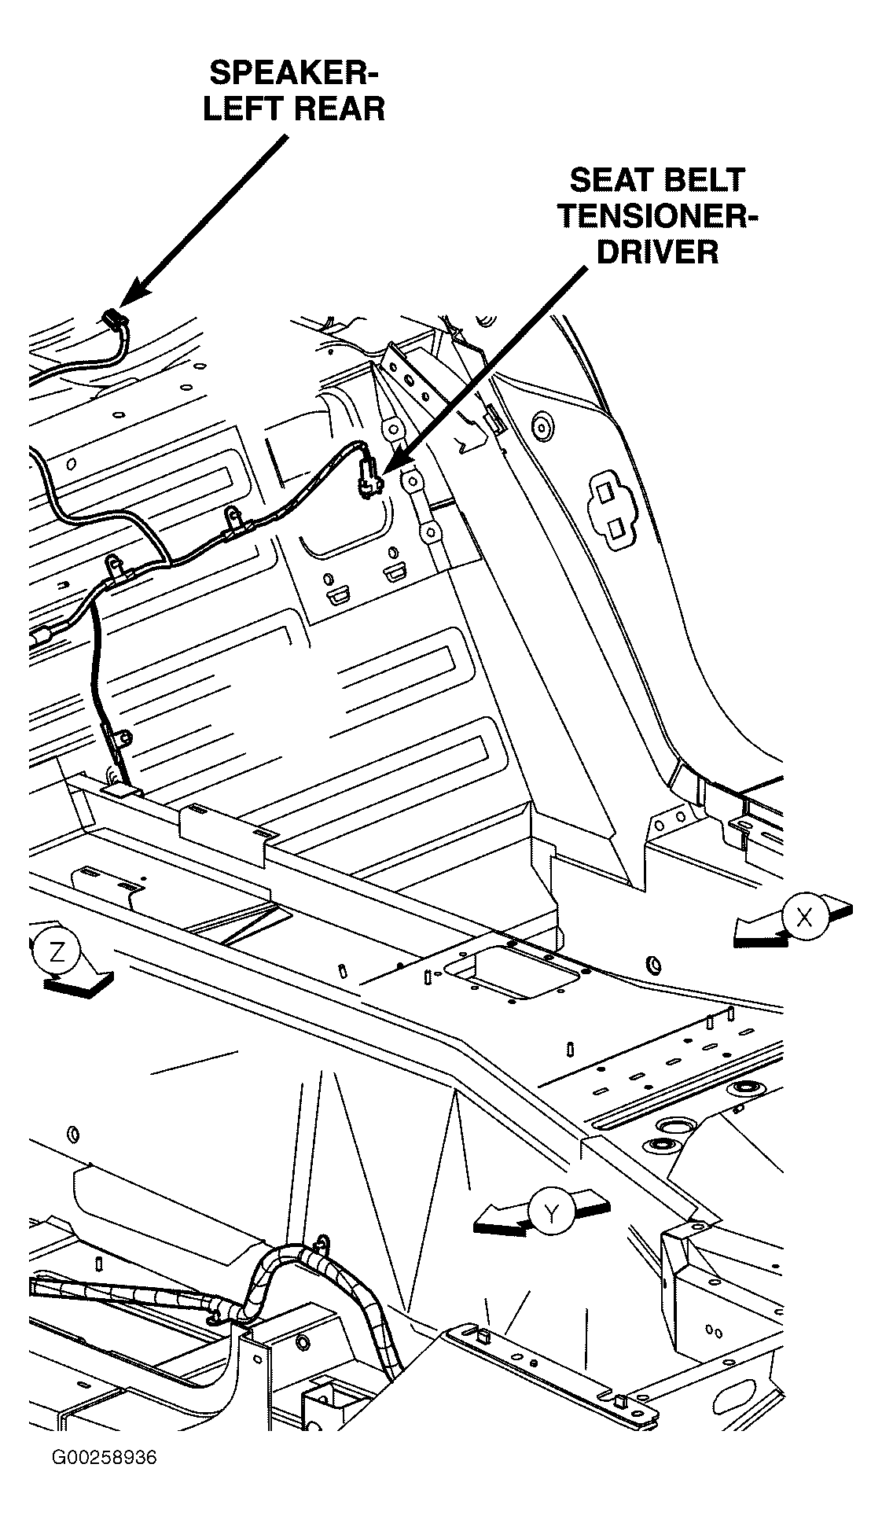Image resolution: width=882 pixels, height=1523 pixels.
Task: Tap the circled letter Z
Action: click(x=57, y=951)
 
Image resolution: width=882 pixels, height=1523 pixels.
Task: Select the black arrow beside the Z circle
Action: click(x=81, y=984)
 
